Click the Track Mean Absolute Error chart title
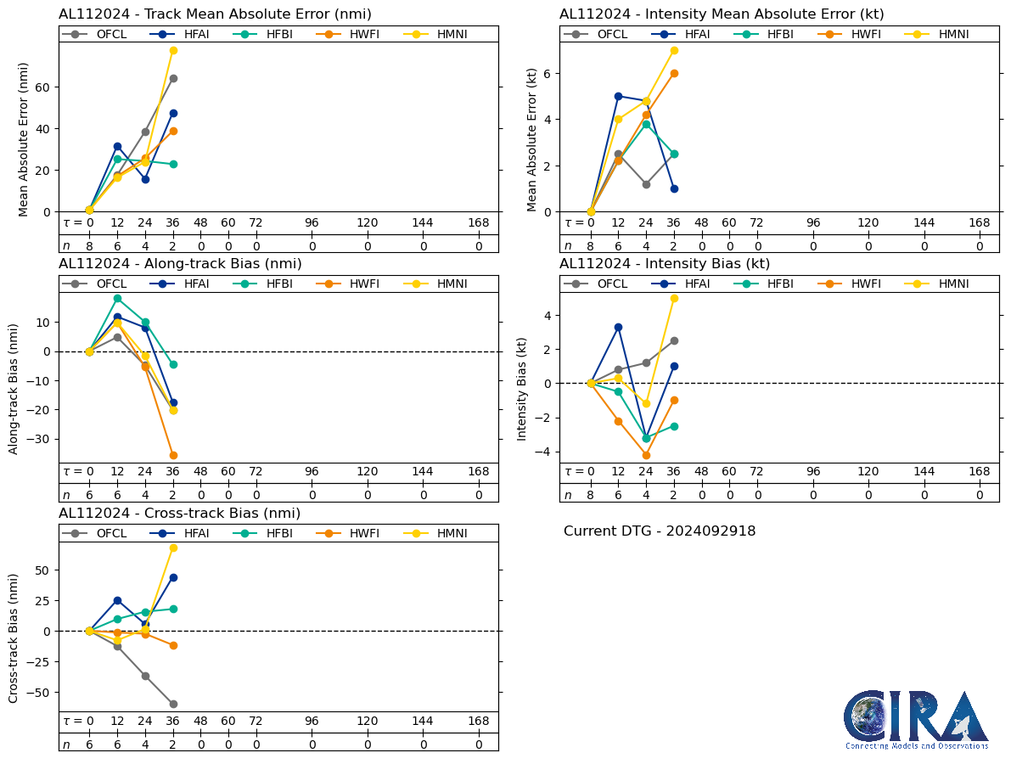[x=215, y=14]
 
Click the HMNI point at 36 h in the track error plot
[x=173, y=50]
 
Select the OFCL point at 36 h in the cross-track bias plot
[x=173, y=704]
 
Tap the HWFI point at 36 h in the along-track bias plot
[x=173, y=455]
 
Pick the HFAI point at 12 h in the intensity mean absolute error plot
[x=618, y=96]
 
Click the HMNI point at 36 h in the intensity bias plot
[x=674, y=298]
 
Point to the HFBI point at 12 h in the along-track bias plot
[x=117, y=298]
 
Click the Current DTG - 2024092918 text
[x=660, y=531]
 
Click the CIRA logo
[x=916, y=719]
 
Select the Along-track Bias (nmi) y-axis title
[x=14, y=387]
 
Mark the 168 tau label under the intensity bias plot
[x=980, y=472]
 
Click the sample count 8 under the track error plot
[x=89, y=246]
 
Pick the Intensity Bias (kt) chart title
[x=665, y=264]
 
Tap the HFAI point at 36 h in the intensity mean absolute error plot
[x=674, y=188]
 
